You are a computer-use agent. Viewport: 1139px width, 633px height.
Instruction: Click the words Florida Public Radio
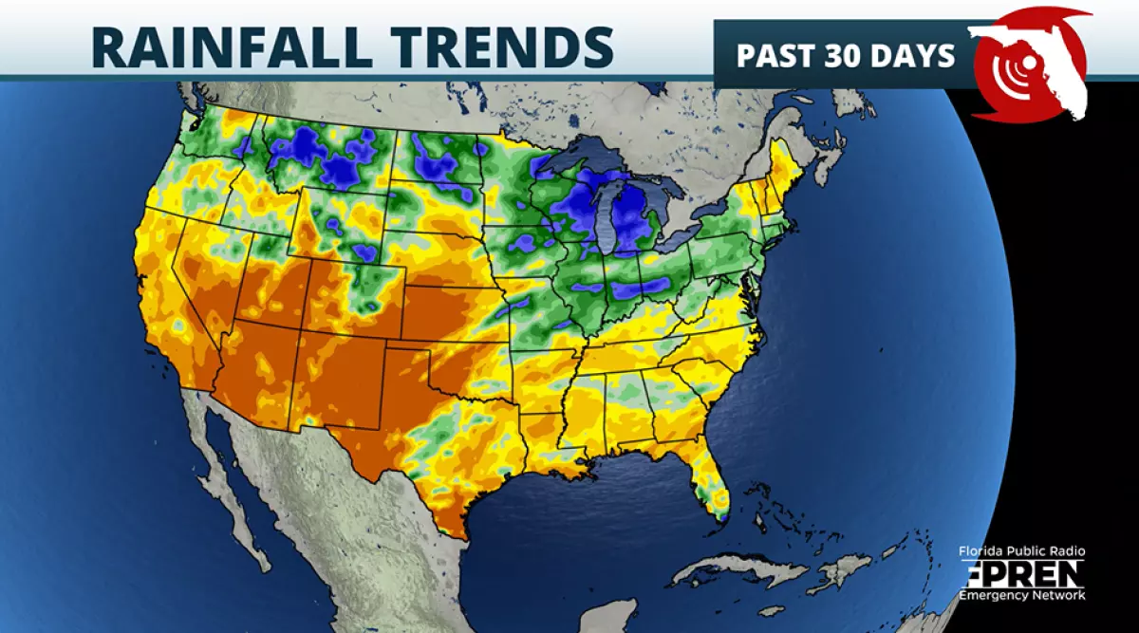pos(1021,551)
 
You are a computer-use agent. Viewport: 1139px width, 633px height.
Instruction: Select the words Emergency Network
pos(1021,595)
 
